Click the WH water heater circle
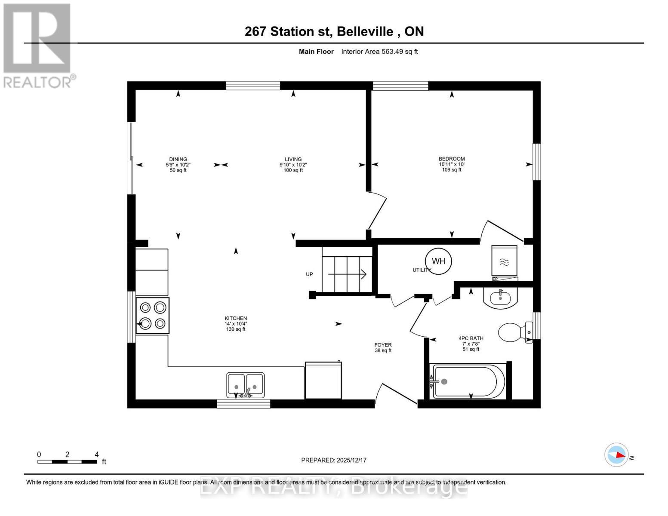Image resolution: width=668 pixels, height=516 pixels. [x=438, y=261]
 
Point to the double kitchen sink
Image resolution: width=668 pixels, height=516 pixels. [x=245, y=385]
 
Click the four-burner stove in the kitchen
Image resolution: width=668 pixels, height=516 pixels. [x=153, y=315]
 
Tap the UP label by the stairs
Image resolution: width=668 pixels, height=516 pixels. [x=309, y=274]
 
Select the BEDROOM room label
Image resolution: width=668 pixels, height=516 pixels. [x=452, y=159]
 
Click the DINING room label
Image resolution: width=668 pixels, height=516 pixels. [x=178, y=159]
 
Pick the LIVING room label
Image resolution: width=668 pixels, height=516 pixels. [x=293, y=159]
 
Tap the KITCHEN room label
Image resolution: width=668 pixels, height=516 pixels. [x=236, y=318]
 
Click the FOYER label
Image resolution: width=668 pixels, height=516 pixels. [x=383, y=345]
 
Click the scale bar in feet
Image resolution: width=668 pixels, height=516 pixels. [x=67, y=461]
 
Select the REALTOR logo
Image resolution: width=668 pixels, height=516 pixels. [x=38, y=45]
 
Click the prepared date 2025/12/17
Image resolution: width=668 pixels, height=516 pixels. [x=334, y=460]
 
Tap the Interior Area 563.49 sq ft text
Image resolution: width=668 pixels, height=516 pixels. [x=379, y=52]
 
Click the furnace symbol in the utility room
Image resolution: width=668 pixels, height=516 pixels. [x=504, y=261]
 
